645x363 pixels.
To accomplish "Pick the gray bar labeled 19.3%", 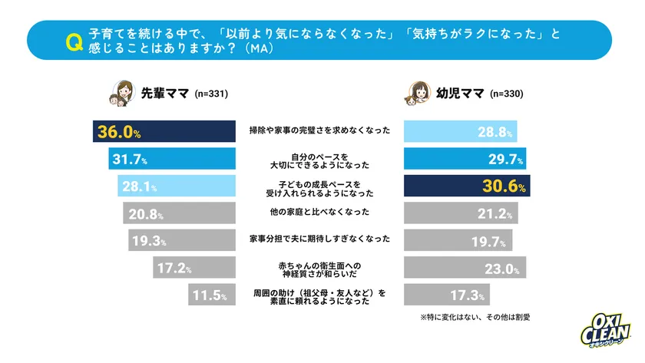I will (x=181, y=240).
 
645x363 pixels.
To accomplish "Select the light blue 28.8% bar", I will (x=460, y=132).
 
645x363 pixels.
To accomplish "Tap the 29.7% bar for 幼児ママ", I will (x=465, y=160).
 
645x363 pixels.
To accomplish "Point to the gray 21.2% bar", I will (x=461, y=213).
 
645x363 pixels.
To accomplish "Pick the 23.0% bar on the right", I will (x=465, y=268).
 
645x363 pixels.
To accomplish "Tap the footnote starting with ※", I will (x=475, y=317).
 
